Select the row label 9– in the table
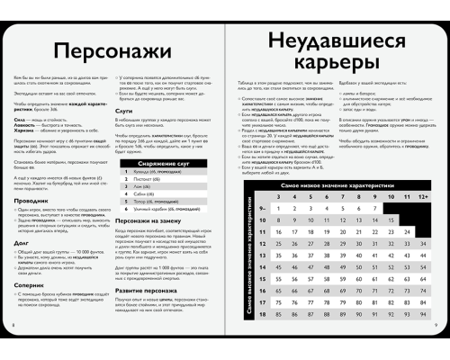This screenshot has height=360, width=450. tap(262, 207)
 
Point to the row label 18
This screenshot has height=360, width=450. tap(262, 314)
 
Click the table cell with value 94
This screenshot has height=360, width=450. tap(423, 314)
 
